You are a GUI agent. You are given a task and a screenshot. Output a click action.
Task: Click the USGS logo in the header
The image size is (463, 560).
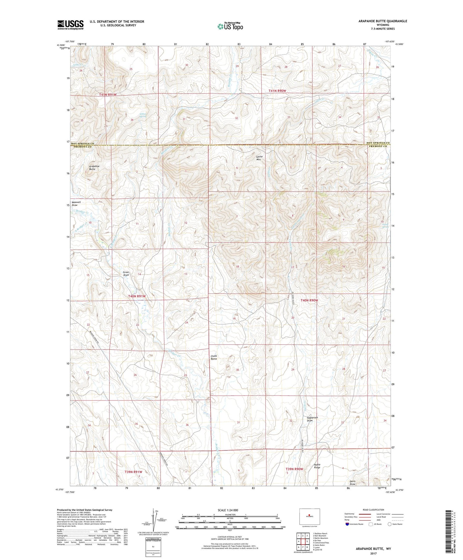[70, 25]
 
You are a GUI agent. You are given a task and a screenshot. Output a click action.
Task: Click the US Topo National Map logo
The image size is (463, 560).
[230, 26]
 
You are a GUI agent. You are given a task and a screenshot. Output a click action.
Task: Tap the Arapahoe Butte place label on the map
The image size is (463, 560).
[94, 168]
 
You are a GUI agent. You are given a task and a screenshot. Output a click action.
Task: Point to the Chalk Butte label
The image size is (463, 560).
[214, 357]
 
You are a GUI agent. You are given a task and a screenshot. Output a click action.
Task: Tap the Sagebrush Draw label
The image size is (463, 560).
[312, 419]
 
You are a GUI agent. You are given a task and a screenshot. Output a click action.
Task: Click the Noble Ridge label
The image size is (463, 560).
[317, 466]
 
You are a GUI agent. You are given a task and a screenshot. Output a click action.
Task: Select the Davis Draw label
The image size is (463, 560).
[352, 482]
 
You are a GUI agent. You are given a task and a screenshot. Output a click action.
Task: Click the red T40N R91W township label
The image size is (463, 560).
[137, 296]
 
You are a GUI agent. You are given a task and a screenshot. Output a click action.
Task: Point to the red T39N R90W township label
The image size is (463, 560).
[294, 469]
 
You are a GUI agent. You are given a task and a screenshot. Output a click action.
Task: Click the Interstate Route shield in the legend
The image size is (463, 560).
[347, 524]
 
